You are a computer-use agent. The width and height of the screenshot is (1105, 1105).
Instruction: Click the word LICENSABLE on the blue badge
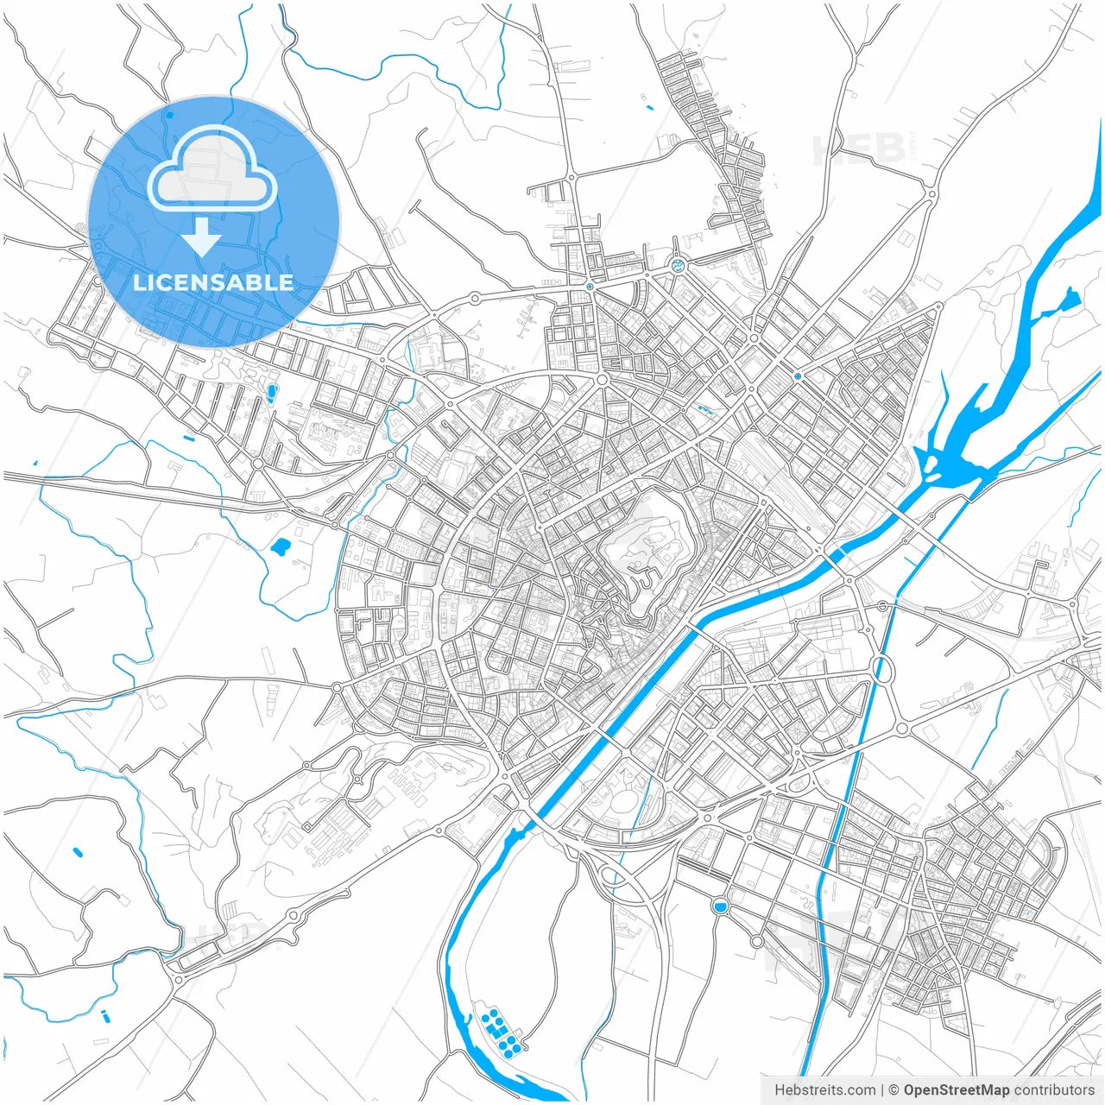pos(213,282)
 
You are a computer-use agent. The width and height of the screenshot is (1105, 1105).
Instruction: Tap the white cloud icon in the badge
pos(212,170)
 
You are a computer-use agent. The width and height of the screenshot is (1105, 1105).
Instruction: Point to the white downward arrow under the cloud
pos(202,237)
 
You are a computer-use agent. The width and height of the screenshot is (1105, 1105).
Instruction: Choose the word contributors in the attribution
pos(1054,1090)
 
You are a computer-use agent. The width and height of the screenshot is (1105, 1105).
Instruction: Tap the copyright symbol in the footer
pos(894,1090)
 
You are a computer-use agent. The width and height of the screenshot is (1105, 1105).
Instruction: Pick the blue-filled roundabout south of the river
pos(720,906)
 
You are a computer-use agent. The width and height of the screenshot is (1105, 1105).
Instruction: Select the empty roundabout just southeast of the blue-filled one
pos(756,941)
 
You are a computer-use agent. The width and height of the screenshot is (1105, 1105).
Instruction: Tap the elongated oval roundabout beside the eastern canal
pos(882,668)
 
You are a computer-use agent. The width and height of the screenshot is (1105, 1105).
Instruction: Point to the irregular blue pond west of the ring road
pos(280,546)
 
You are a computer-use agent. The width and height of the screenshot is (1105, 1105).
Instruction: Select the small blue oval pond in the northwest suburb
pos(272,395)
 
